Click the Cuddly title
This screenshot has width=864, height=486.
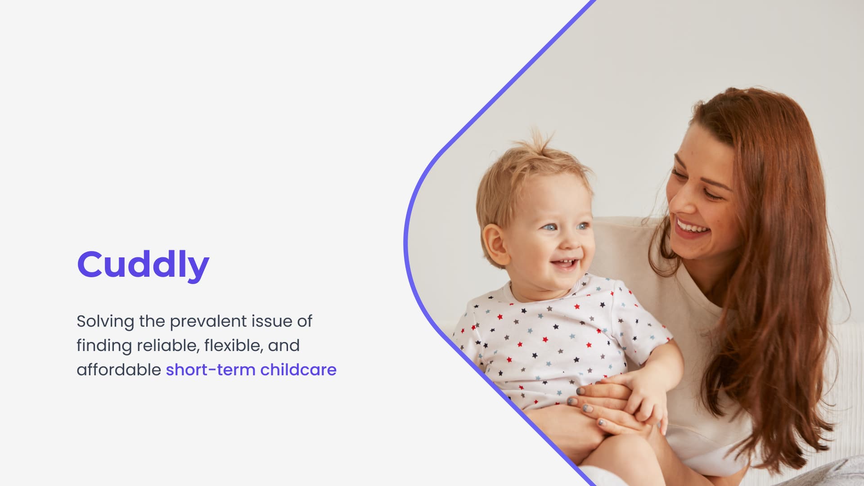(x=143, y=265)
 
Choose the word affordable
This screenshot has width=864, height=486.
(x=119, y=370)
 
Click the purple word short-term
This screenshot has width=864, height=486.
(x=210, y=370)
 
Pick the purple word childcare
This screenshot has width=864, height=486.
(x=298, y=370)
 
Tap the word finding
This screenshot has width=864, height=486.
(x=104, y=346)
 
